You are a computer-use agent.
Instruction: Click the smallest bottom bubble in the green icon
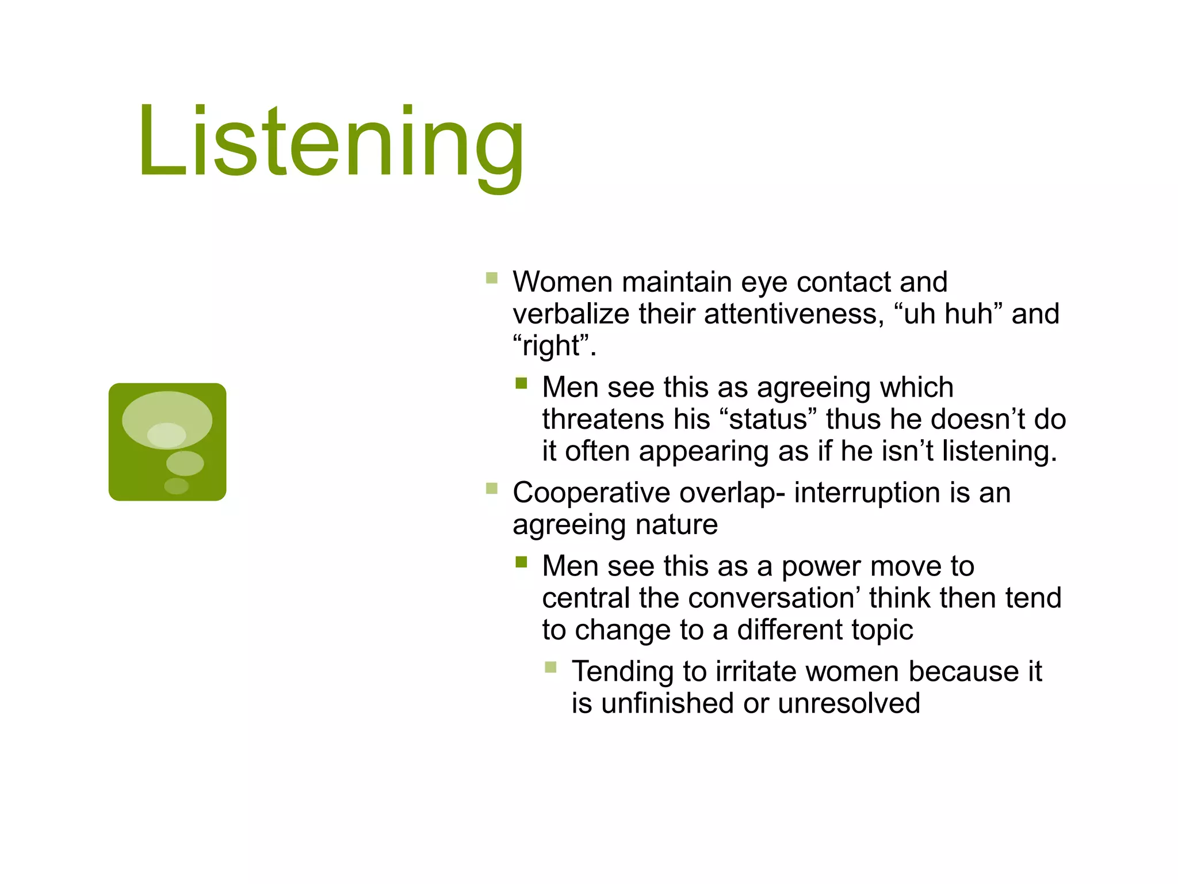point(176,486)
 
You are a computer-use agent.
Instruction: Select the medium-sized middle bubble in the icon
point(185,463)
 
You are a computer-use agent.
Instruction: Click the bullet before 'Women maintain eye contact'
point(491,279)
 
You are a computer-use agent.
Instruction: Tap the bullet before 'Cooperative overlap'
point(491,489)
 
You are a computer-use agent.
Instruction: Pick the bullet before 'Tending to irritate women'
point(550,668)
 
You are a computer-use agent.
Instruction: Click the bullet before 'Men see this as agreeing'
point(521,383)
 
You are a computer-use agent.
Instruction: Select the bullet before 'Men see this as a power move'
point(521,562)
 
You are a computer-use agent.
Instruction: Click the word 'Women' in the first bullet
point(563,282)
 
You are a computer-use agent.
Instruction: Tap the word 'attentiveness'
point(794,314)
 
